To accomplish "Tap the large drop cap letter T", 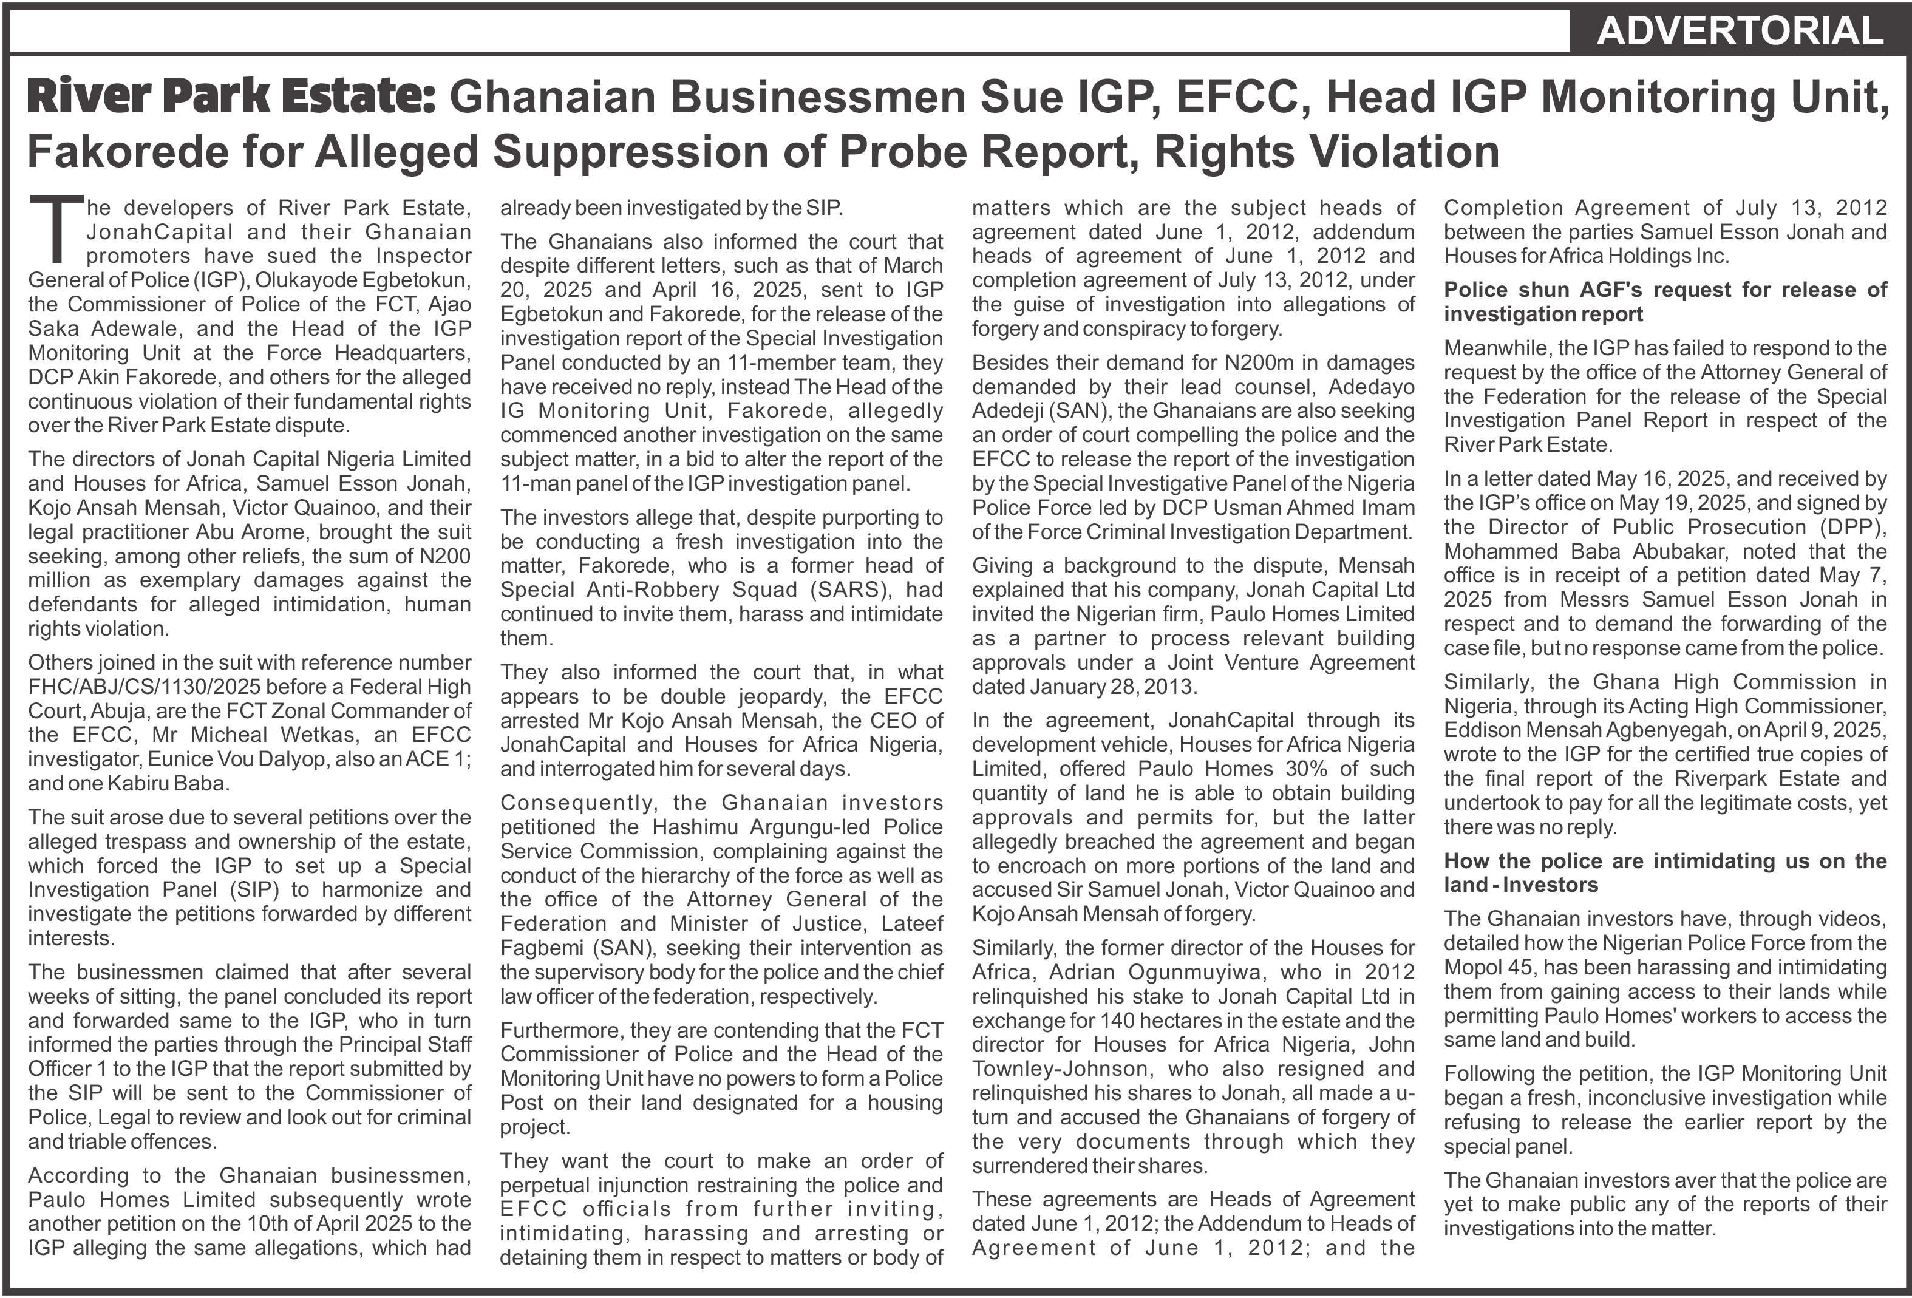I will pos(56,229).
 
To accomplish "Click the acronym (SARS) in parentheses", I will pos(848,590).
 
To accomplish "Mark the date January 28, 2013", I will pos(1084,687).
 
